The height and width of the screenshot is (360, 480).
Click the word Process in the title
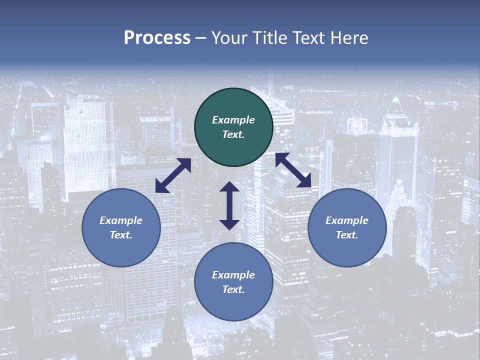157,38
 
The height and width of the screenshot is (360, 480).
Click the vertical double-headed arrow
229,205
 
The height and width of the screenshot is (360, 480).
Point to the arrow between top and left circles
173,175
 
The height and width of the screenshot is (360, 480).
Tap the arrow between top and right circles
293,170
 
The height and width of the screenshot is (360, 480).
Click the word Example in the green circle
233,120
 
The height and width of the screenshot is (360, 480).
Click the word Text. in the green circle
233,134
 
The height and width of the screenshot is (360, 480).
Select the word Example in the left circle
121,220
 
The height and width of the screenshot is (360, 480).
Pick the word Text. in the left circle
121,235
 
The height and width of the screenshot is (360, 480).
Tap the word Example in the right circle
347,220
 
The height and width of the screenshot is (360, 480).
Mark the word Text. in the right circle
347,235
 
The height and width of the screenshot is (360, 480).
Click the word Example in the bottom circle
233,275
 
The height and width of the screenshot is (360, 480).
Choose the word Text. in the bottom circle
233,289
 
